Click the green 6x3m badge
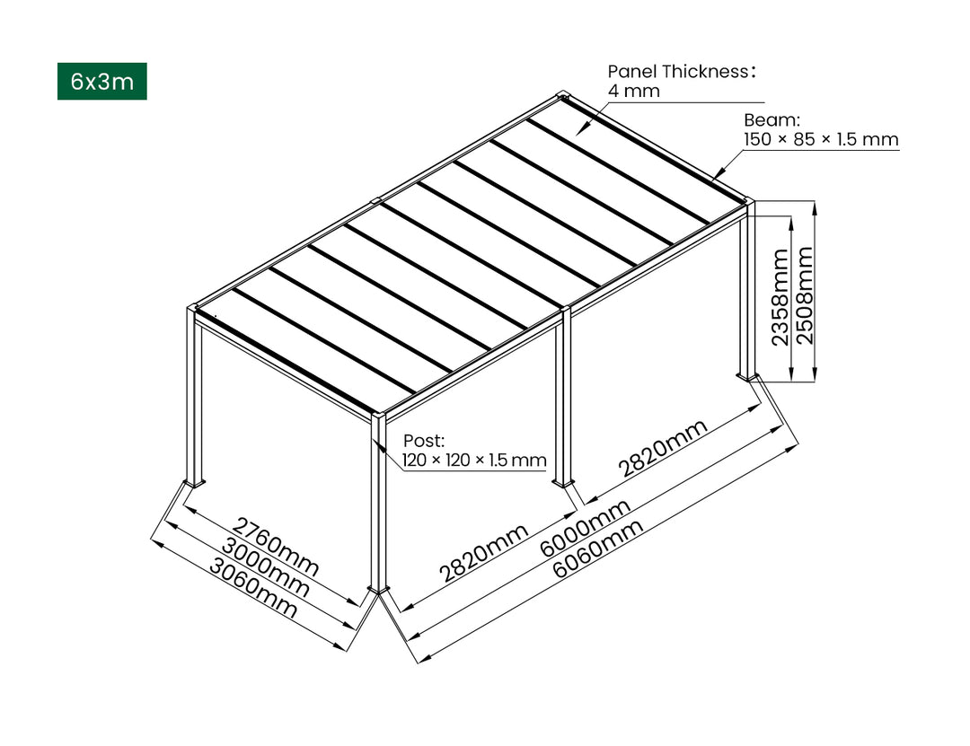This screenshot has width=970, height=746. coord(101,82)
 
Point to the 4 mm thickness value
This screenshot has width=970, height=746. coord(633,92)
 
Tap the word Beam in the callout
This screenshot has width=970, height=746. coord(772,119)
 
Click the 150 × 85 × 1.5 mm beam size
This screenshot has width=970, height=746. coord(820,139)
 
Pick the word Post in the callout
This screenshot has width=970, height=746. coord(423,441)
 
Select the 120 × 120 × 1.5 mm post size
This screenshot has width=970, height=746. coord(473,461)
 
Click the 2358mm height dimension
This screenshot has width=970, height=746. coord(780,296)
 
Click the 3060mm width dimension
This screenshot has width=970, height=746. coord(253,588)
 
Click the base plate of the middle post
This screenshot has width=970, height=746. coord(564,483)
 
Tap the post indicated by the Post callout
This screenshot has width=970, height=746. coord(379,503)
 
